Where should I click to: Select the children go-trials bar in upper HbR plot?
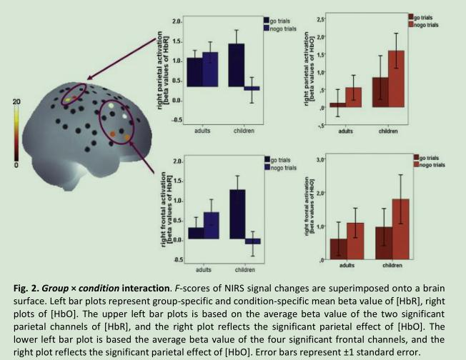[237, 65]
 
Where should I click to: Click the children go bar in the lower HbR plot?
[237, 214]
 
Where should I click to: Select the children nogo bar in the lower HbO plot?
[400, 229]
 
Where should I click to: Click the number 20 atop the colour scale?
[16, 102]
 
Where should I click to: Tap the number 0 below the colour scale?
[16, 165]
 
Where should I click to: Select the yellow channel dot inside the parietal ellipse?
[68, 100]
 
